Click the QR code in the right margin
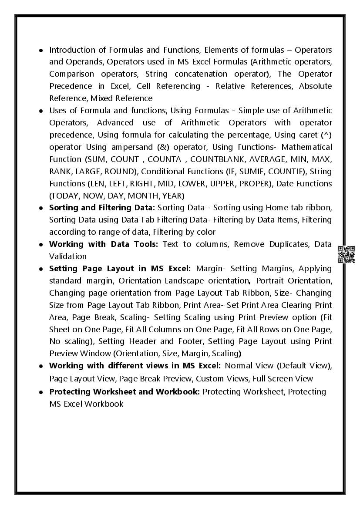coord(346,254)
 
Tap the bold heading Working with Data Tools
coord(103,244)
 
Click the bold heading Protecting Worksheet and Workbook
coord(124,391)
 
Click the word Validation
coord(68,256)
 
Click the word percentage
coord(238,135)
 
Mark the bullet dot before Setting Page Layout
coord(40,269)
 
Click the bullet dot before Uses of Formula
coord(40,111)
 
